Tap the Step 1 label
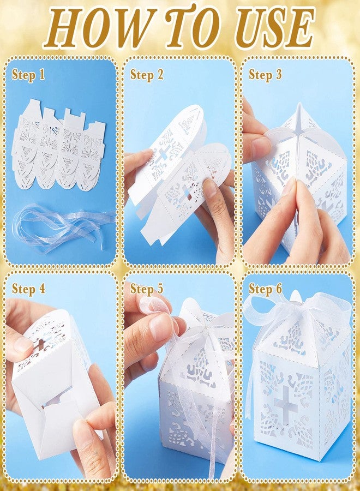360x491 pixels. [28, 75]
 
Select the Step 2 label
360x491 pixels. [147, 75]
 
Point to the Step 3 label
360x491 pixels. [265, 75]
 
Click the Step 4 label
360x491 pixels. [28, 289]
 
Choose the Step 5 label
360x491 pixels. [147, 289]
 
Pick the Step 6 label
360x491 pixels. [265, 289]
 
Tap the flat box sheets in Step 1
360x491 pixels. [59, 147]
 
